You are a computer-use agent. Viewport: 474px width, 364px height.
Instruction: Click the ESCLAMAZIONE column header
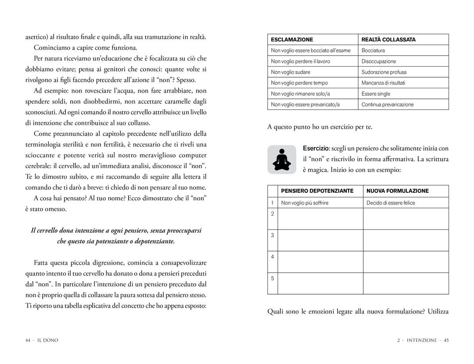[288, 40]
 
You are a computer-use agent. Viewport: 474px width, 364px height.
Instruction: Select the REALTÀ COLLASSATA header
[388, 40]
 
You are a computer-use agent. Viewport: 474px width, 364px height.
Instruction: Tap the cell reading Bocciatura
[373, 50]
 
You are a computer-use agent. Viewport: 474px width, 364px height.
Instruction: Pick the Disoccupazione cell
[378, 61]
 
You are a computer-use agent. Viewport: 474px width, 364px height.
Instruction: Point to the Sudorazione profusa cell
[384, 72]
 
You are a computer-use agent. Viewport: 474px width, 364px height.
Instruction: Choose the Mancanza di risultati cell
[383, 83]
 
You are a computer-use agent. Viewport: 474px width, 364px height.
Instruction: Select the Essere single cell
[376, 94]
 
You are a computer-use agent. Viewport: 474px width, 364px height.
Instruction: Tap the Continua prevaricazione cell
[388, 105]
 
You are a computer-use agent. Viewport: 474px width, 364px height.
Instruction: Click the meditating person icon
[282, 159]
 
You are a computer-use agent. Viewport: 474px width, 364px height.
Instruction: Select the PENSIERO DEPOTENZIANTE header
[317, 191]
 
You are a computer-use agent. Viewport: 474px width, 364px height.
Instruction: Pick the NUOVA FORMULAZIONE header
[398, 191]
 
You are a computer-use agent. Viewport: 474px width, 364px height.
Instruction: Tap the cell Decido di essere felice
[391, 203]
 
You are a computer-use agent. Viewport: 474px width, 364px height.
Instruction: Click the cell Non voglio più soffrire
[305, 203]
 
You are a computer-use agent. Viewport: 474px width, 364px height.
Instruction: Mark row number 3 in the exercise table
[273, 235]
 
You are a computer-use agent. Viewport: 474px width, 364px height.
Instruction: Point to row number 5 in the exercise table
[273, 278]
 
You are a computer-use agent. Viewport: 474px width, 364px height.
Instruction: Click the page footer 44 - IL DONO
[42, 340]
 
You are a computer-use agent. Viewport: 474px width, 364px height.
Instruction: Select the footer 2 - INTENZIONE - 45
[423, 340]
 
